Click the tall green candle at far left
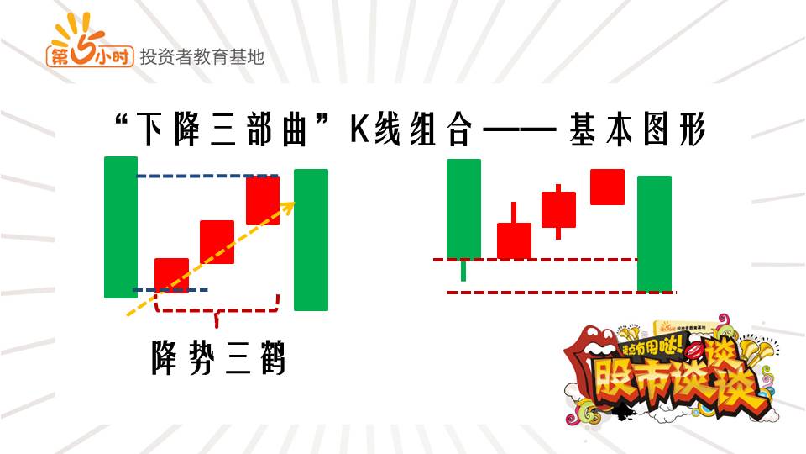tap(120, 227)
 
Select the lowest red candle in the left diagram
tap(172, 275)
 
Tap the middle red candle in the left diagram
tap(217, 241)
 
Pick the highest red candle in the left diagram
tap(262, 200)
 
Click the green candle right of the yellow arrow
tap(311, 240)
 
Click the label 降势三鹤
tap(218, 357)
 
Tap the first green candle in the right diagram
tap(463, 208)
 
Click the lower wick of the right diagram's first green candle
tap(463, 270)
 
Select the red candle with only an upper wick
tap(514, 240)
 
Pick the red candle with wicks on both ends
tap(558, 209)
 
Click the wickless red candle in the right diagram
tap(607, 187)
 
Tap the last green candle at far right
tap(654, 233)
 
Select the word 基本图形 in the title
tap(639, 132)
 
